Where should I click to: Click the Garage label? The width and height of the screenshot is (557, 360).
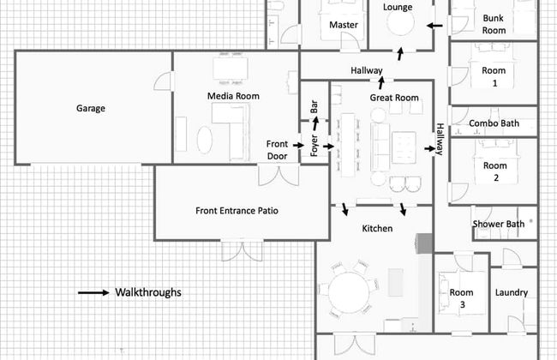click(x=91, y=108)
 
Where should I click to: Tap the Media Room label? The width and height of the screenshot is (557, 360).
click(x=233, y=96)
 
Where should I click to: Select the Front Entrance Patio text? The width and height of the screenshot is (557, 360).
click(x=237, y=211)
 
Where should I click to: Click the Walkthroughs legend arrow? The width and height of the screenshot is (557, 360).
click(x=93, y=292)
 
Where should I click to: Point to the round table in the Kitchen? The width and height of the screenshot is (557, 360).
click(x=349, y=292)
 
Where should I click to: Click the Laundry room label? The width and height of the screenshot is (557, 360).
click(x=512, y=292)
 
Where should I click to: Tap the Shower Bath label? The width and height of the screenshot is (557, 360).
click(x=499, y=225)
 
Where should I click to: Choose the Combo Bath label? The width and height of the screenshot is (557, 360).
click(x=494, y=123)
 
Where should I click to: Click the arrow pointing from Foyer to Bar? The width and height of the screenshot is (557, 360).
click(x=315, y=123)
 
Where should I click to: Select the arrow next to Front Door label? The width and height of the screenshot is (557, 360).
click(x=298, y=145)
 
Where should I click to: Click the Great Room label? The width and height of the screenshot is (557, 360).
click(x=394, y=98)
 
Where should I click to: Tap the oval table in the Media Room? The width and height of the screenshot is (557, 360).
click(x=205, y=140)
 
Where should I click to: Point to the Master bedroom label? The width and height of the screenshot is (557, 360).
click(x=343, y=25)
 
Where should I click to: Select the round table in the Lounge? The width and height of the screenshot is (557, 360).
click(x=400, y=22)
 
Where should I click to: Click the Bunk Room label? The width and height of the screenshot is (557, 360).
click(x=494, y=24)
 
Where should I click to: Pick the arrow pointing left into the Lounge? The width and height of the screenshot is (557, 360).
click(x=434, y=26)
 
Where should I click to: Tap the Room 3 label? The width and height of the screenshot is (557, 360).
click(x=461, y=298)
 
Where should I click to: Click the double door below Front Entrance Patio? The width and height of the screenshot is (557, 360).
click(x=242, y=251)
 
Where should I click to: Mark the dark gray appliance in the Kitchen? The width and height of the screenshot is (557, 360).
click(x=424, y=243)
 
